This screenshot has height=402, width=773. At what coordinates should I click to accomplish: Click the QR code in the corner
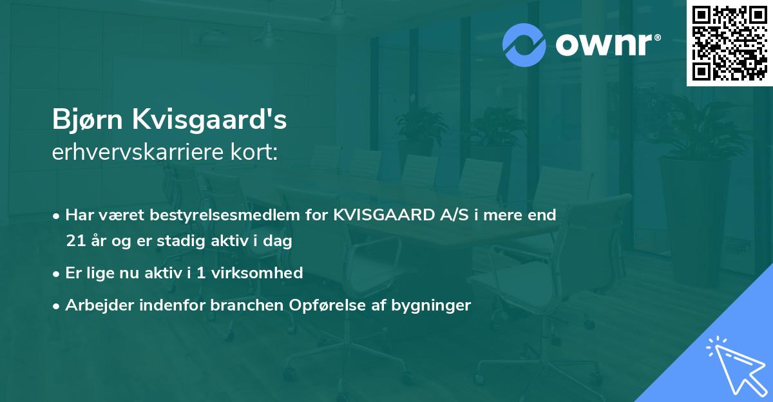(729, 43)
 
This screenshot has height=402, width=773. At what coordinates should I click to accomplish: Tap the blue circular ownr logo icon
(524, 44)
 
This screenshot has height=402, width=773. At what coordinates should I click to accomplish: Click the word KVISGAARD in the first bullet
(379, 215)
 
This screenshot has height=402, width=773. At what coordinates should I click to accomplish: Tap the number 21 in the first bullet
(75, 242)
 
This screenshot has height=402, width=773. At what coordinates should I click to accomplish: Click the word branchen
(240, 305)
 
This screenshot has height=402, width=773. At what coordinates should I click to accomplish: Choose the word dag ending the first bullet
(280, 242)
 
